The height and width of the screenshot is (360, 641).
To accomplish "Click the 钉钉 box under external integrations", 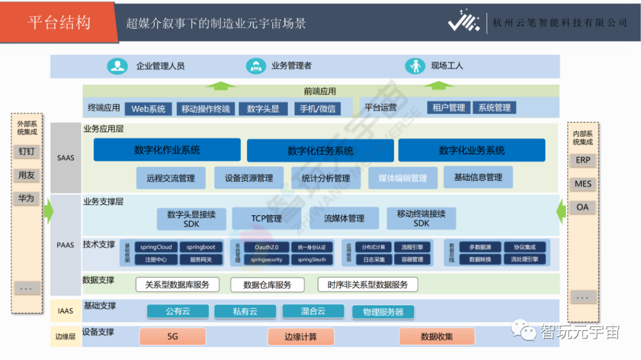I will pos(27,151).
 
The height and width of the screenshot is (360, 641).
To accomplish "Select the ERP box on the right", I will pos(583,160).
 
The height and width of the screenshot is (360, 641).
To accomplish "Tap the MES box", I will pos(583,184).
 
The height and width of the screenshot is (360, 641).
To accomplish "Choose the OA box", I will pos(583,207).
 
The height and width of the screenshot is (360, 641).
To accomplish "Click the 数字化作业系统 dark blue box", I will pos(167,150).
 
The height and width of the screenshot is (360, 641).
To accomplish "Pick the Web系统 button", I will pos(148,109).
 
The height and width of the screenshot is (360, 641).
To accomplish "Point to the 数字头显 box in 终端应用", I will pos(263,109).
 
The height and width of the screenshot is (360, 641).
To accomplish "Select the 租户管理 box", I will pos(449,107).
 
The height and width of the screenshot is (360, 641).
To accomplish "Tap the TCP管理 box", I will pos(266,219).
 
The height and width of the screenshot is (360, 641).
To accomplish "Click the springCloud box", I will pos(156,247).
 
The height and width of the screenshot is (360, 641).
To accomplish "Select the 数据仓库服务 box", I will pos(267,285).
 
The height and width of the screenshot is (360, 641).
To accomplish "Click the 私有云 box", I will pos(245,311).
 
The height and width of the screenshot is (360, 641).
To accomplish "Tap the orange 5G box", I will pos(173,336).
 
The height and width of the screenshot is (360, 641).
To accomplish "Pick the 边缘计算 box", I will pos(300,336).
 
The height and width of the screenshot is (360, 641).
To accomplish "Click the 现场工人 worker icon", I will pos(415,66).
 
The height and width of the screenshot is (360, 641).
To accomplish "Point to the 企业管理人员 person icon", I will pos(118,66).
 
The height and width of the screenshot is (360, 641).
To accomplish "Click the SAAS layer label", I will pos(66,158).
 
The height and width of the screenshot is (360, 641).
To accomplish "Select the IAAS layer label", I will pos(66,310).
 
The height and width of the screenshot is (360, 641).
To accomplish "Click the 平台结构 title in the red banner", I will pos(59,23).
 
